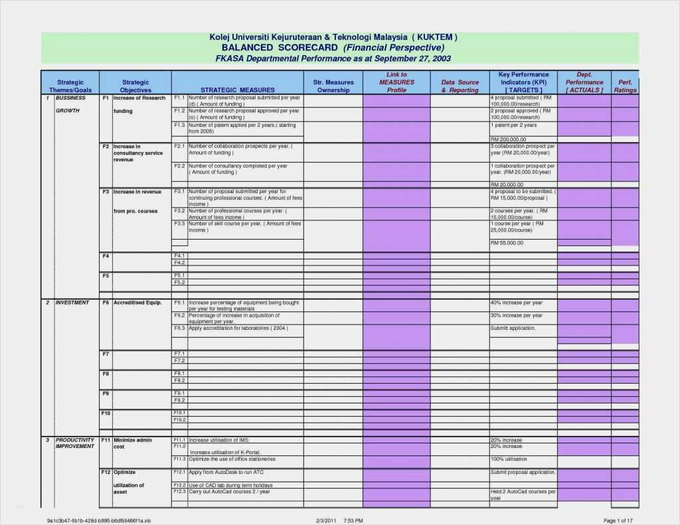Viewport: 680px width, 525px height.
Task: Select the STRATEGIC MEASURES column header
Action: [x=237, y=90]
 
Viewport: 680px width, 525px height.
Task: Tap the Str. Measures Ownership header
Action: [x=333, y=86]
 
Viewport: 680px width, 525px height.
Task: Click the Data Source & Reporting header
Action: [x=460, y=86]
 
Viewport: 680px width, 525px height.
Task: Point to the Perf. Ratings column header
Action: [x=625, y=86]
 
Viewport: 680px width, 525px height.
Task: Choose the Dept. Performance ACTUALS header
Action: [x=584, y=82]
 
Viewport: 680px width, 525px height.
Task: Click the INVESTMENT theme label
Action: [x=72, y=303]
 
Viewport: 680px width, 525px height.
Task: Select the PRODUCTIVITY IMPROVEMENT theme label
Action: [x=74, y=443]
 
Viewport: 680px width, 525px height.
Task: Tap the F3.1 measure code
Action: [x=179, y=192]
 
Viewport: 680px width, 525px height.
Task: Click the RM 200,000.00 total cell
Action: [x=508, y=139]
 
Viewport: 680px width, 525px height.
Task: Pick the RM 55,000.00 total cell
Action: [x=507, y=243]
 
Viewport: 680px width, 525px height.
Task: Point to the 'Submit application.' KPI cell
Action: [x=513, y=329]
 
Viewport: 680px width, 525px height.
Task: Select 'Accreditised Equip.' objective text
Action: [x=137, y=303]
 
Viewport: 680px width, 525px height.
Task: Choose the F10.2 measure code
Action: [x=179, y=420]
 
